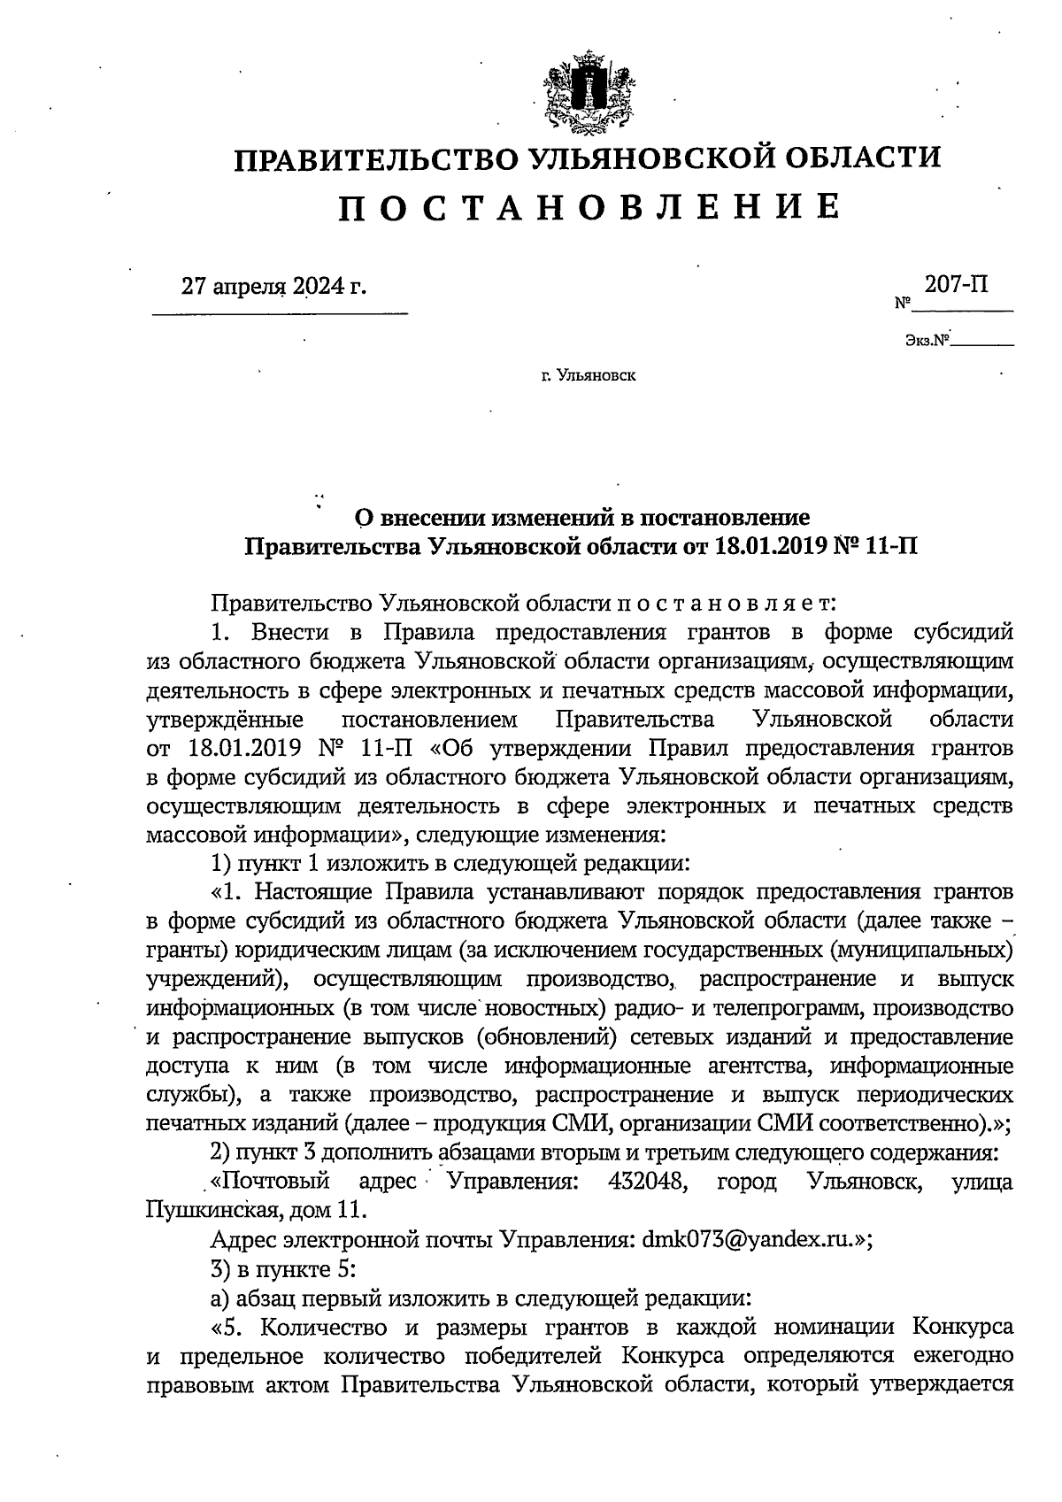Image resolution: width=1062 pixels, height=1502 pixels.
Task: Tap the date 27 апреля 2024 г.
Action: point(273,287)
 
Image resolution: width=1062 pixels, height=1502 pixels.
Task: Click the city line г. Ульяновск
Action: point(589,376)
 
